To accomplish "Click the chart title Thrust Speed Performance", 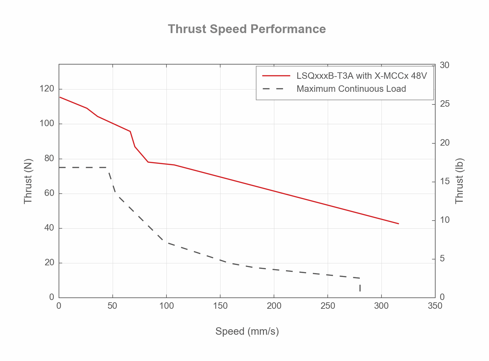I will click(247, 29).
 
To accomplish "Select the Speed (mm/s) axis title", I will click(247, 331).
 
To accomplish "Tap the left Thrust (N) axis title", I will click(28, 181).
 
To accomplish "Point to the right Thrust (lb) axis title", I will click(460, 181).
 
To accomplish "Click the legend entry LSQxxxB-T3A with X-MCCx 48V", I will click(362, 76).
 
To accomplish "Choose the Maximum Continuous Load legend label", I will click(351, 89).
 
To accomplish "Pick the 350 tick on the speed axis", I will click(435, 306).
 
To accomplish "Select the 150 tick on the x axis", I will click(220, 306).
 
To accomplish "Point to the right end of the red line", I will click(398, 223).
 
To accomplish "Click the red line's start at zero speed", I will click(60, 97).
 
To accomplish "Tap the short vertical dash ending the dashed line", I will click(360, 288).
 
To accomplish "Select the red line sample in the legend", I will click(276, 76).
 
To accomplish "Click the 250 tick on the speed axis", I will click(328, 306).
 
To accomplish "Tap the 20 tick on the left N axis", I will click(49, 263).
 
